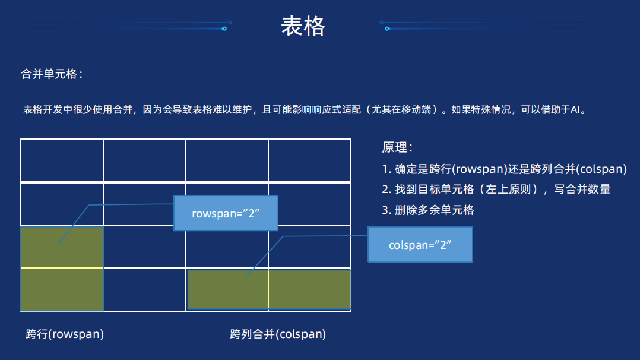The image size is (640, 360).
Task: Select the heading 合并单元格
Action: coord(52,74)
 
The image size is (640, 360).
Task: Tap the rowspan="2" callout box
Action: coord(226,213)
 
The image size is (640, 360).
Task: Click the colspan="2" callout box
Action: coord(420,244)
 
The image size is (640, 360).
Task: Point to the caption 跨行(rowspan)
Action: coord(65,334)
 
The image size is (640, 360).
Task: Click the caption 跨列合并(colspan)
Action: coord(278,334)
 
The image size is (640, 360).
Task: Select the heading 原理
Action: coord(397,147)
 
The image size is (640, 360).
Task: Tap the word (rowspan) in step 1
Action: coord(479,169)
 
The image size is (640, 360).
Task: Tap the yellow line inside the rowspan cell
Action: coord(62,269)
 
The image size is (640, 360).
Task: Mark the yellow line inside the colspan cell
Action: coord(268,290)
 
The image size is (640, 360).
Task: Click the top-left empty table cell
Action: coord(62,160)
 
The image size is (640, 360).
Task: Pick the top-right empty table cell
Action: coord(309,160)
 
